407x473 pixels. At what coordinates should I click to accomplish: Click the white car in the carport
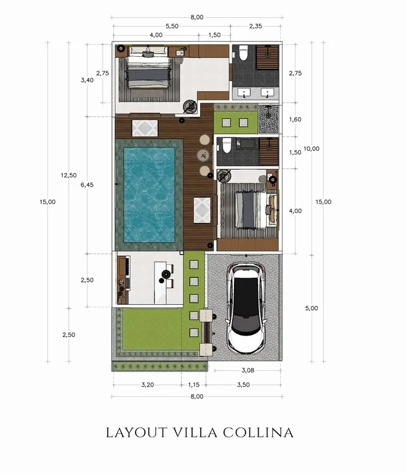pos(246,308)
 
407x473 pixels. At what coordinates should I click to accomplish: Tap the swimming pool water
pos(150,195)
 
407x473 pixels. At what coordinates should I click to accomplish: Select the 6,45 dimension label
pos(87,185)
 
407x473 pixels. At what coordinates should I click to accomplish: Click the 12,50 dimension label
pos(69,176)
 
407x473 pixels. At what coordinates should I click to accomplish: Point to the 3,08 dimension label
pos(248,370)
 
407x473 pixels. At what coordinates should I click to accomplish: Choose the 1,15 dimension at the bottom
pos(193,384)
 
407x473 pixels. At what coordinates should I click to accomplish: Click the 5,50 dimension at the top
pos(172,26)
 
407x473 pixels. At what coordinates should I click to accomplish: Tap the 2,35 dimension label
pos(256,26)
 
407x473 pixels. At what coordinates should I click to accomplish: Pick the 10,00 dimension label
pos(312,148)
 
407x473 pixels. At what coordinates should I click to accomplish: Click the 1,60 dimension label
pos(295,119)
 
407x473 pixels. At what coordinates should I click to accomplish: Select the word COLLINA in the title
pos(258,432)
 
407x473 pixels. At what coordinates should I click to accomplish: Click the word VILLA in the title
pos(195,432)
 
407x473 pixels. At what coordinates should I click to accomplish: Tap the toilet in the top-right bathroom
pos(243,52)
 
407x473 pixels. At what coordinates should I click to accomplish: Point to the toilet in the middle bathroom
pos(227,145)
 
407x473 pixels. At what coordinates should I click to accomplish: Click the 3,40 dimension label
pos(87,80)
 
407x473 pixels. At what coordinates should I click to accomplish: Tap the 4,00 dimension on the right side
pos(295,211)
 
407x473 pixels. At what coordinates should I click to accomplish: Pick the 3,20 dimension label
pos(147,384)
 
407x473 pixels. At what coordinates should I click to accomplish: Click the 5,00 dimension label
pos(312,309)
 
